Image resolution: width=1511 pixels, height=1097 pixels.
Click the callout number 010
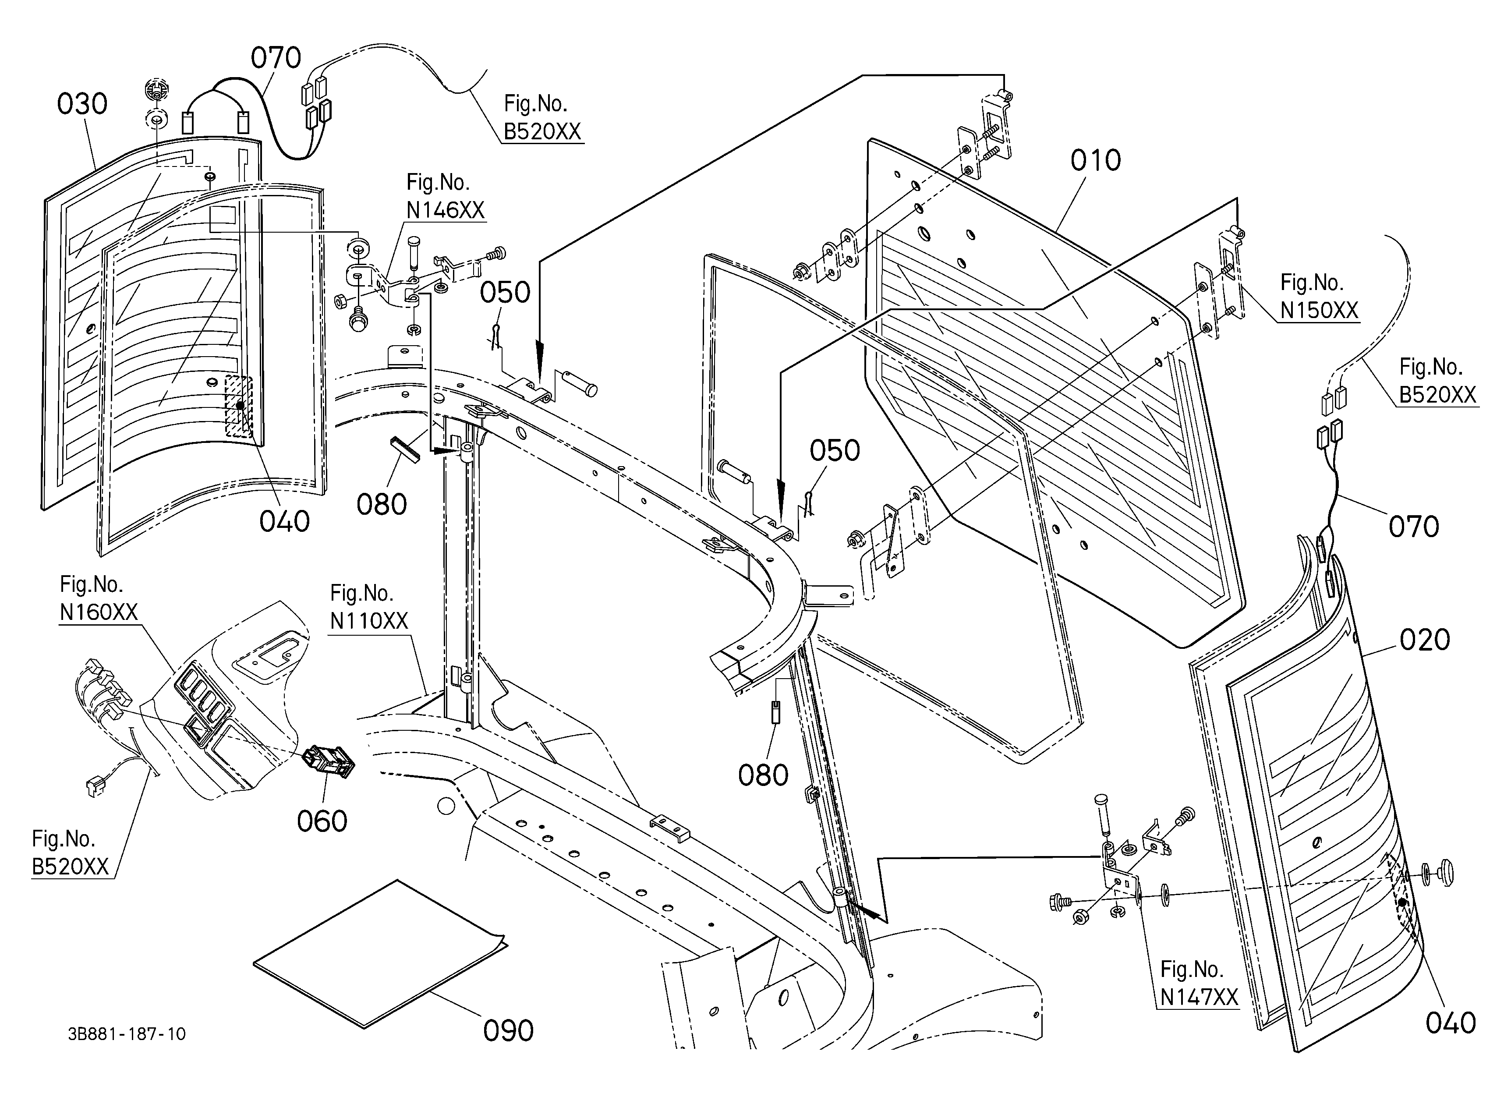point(1096,160)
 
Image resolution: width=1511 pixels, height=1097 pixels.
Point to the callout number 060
point(322,821)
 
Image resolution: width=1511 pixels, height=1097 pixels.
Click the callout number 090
point(508,1031)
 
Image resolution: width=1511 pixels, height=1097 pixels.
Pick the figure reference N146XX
point(446,210)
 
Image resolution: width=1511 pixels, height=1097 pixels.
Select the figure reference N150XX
point(1319,310)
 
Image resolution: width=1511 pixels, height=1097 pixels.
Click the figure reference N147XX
point(1199,997)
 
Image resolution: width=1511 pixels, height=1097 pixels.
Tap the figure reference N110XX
point(369,621)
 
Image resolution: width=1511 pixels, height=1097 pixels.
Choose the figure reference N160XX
point(99,612)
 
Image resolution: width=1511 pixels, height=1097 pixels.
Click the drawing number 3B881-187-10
point(127,1034)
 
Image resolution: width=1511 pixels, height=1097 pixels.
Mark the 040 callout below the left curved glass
point(284,521)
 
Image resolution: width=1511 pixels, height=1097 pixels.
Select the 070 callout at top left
point(276,58)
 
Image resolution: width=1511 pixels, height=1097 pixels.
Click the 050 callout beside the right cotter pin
point(835,451)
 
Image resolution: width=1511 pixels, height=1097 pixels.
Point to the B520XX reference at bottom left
point(70,867)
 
